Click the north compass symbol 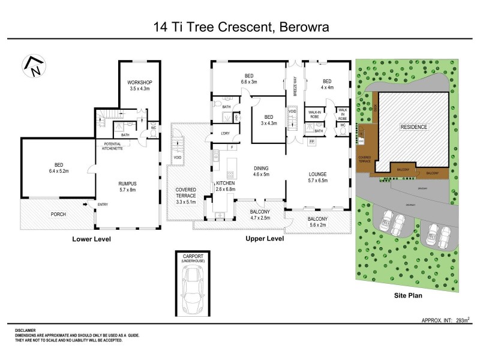(33, 66)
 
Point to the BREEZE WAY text (295, 88)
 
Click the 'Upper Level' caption (265, 239)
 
